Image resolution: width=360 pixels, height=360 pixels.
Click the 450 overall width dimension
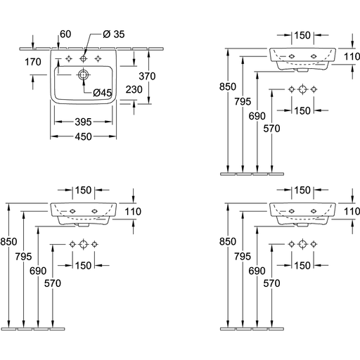click(83, 136)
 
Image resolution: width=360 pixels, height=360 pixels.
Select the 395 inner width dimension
click(83, 122)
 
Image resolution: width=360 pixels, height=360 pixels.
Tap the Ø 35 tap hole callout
click(114, 34)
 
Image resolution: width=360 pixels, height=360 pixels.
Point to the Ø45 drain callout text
click(103, 93)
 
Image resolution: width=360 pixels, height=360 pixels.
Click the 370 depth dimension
click(147, 76)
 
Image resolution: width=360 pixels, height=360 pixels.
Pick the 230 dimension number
click(134, 89)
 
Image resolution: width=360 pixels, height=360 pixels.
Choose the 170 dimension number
click(33, 62)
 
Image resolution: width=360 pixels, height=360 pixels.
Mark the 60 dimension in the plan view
click(65, 34)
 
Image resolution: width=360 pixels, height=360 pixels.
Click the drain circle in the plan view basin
click(83, 75)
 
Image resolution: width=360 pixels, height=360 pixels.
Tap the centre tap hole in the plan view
click(83, 58)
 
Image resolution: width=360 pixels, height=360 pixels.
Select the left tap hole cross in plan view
click(69, 58)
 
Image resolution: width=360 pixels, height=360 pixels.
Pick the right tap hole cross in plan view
click(98, 58)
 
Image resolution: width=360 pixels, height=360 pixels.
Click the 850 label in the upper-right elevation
click(228, 86)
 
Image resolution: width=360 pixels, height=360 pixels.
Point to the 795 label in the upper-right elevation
click(243, 102)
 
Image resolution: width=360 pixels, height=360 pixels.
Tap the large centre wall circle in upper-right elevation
click(302, 89)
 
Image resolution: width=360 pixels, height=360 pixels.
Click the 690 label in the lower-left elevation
click(38, 271)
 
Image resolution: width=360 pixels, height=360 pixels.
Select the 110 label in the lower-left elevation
click(133, 212)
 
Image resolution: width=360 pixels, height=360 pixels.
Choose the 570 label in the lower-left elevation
click(53, 283)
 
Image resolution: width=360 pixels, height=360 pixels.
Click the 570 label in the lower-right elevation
click(271, 283)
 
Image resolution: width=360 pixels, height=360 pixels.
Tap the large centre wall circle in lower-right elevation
click(302, 244)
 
